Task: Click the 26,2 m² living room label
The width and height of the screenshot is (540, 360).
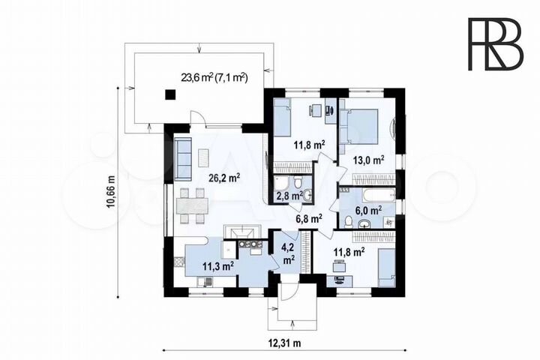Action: coord(224,178)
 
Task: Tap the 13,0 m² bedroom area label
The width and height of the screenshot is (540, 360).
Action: coord(368,160)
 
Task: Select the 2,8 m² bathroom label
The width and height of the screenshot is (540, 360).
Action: coord(289,196)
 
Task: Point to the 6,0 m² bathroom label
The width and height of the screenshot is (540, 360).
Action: coord(368,210)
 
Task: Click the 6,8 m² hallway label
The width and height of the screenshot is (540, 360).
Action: coord(309,217)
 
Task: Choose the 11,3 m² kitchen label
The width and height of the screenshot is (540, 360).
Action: coord(218,265)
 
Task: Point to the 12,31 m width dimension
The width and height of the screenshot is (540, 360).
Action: coord(284,343)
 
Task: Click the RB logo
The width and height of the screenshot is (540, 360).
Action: coord(496,43)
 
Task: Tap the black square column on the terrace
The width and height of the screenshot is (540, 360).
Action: coord(170,94)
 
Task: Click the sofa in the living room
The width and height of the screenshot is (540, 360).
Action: coord(183,158)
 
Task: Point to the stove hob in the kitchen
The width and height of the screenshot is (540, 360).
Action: coord(249,244)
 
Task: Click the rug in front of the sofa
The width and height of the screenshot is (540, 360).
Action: coord(203,158)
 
